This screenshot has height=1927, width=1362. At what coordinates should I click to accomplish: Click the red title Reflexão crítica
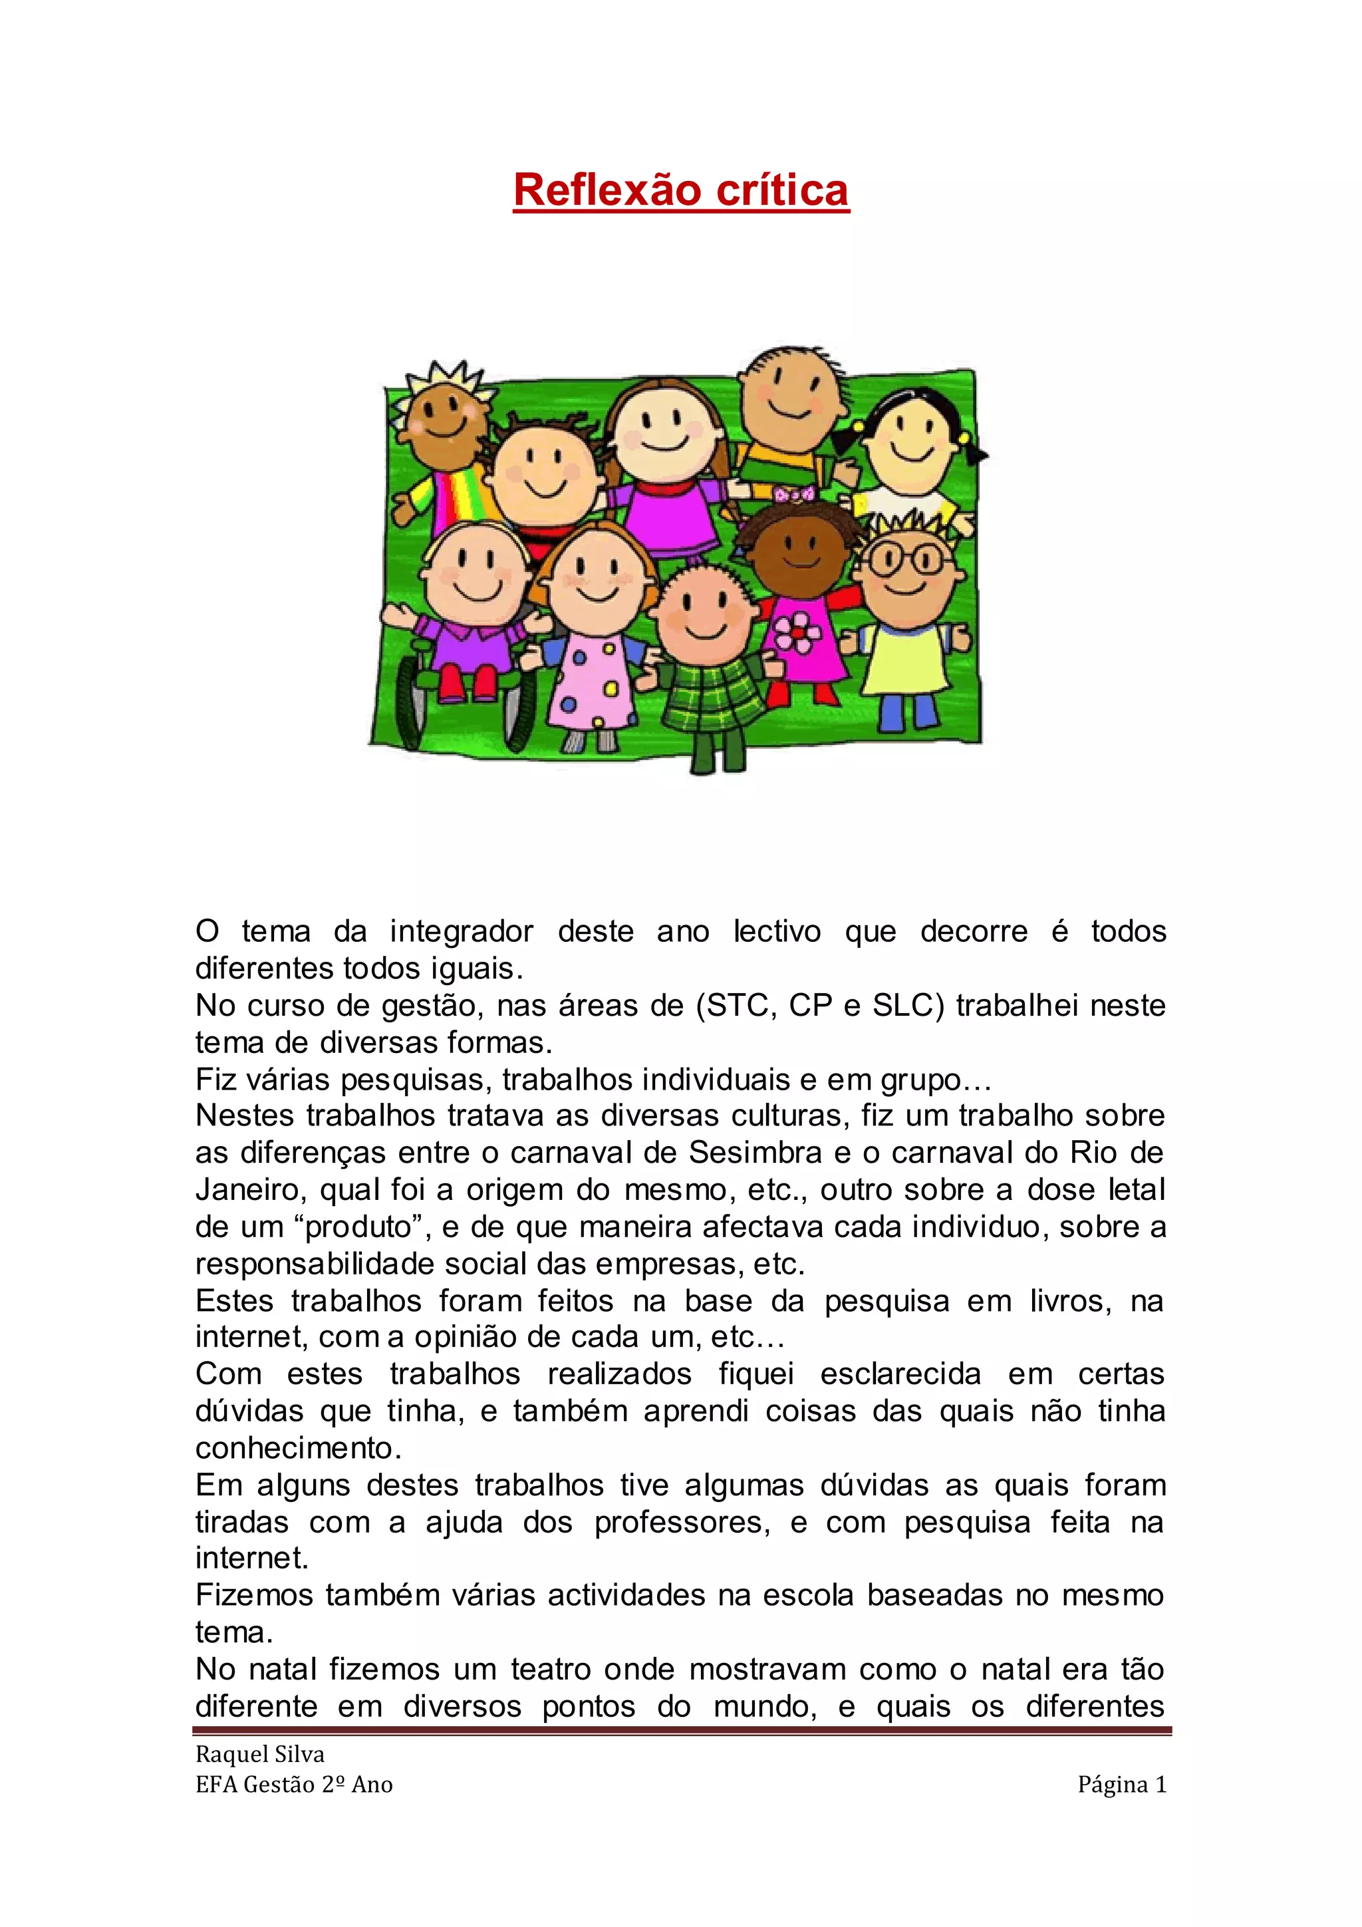tap(680, 190)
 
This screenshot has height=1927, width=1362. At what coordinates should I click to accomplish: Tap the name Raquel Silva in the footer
tap(259, 1753)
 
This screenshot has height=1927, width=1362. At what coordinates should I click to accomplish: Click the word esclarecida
tap(900, 1374)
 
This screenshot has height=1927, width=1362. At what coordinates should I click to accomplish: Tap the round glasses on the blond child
tap(904, 560)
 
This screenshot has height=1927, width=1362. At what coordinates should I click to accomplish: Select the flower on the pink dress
tap(798, 631)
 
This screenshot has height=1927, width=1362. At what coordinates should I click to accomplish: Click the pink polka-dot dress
tap(593, 680)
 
